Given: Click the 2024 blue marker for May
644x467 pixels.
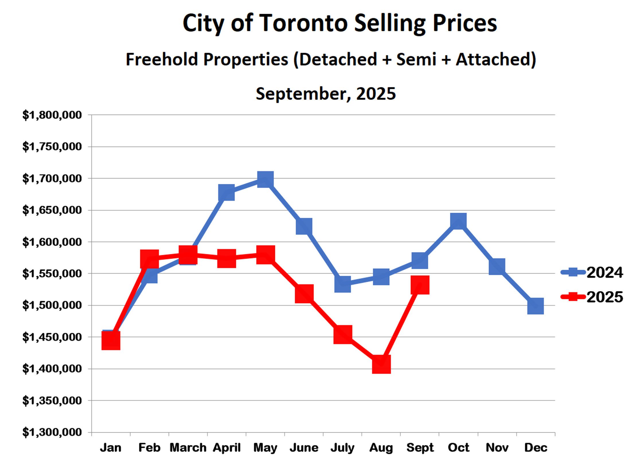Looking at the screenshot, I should tap(265, 179).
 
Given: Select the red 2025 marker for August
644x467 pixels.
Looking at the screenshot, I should tap(381, 364).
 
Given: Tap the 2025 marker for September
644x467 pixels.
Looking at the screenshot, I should tap(420, 285).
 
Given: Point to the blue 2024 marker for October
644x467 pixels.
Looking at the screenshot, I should tap(458, 221).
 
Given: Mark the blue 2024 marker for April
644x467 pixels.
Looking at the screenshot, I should tap(226, 192).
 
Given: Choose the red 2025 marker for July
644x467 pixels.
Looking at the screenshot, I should tap(343, 334).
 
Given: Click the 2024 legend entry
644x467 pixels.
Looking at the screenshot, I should tap(592, 272).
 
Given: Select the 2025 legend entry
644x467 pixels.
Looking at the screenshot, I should tap(592, 297).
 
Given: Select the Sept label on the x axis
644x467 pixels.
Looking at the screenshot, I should tap(420, 448).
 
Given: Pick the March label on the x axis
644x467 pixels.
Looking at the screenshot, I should tap(188, 448).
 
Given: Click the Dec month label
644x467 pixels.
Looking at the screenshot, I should tap(536, 448).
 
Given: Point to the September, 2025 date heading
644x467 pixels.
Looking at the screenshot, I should tap(325, 93).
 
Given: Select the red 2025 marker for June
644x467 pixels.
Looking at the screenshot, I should tap(304, 294).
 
